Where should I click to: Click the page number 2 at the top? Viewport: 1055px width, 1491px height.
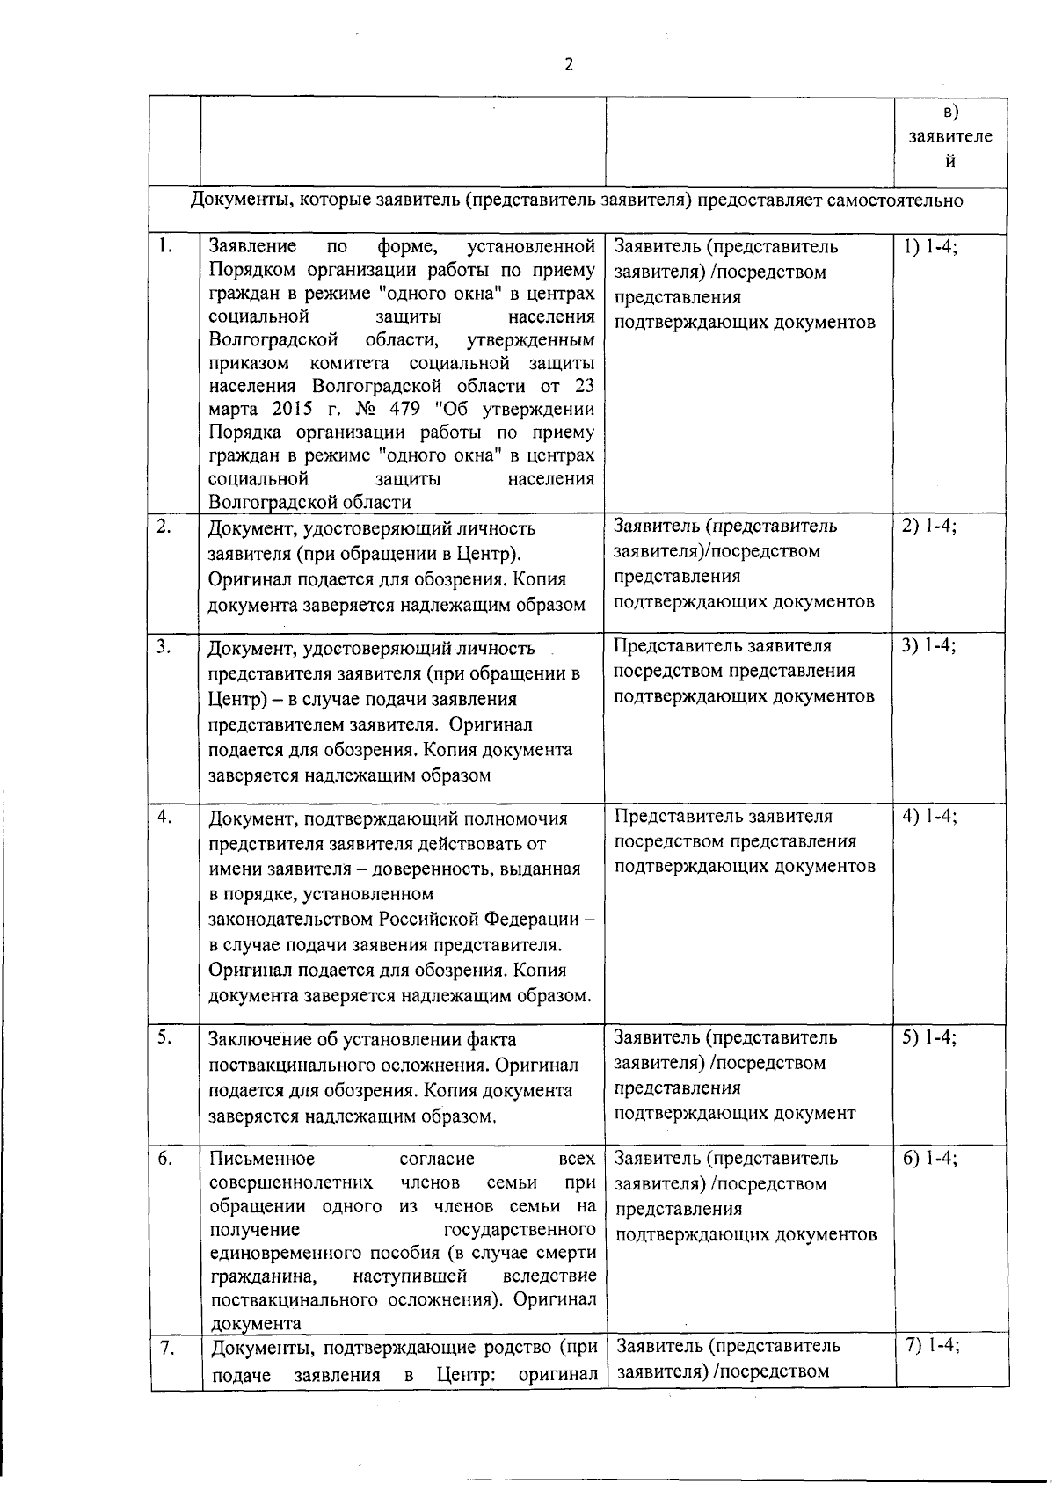click(x=569, y=65)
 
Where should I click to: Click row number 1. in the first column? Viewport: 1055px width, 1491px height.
click(x=164, y=245)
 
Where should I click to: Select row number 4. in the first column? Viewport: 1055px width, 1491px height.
click(x=164, y=816)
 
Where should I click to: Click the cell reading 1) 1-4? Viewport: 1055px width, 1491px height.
click(x=929, y=246)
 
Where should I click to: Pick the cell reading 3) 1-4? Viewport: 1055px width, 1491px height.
click(x=928, y=646)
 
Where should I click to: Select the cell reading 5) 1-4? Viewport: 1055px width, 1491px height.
click(x=929, y=1037)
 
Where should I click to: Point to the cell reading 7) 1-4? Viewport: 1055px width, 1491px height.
click(x=932, y=1346)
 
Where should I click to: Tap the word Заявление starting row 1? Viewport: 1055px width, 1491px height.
click(x=252, y=246)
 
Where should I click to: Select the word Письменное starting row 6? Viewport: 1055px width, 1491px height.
click(x=262, y=1159)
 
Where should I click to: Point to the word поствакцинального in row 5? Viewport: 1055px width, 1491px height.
click(x=293, y=1066)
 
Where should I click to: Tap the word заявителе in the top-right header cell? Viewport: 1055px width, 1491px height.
click(x=950, y=137)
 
